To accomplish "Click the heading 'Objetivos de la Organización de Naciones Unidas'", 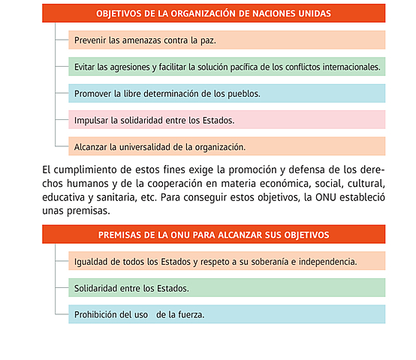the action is (x=214, y=13).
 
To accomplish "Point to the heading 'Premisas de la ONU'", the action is (x=214, y=235).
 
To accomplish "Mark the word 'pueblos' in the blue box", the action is (x=242, y=94).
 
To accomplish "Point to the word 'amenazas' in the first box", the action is (x=140, y=40).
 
